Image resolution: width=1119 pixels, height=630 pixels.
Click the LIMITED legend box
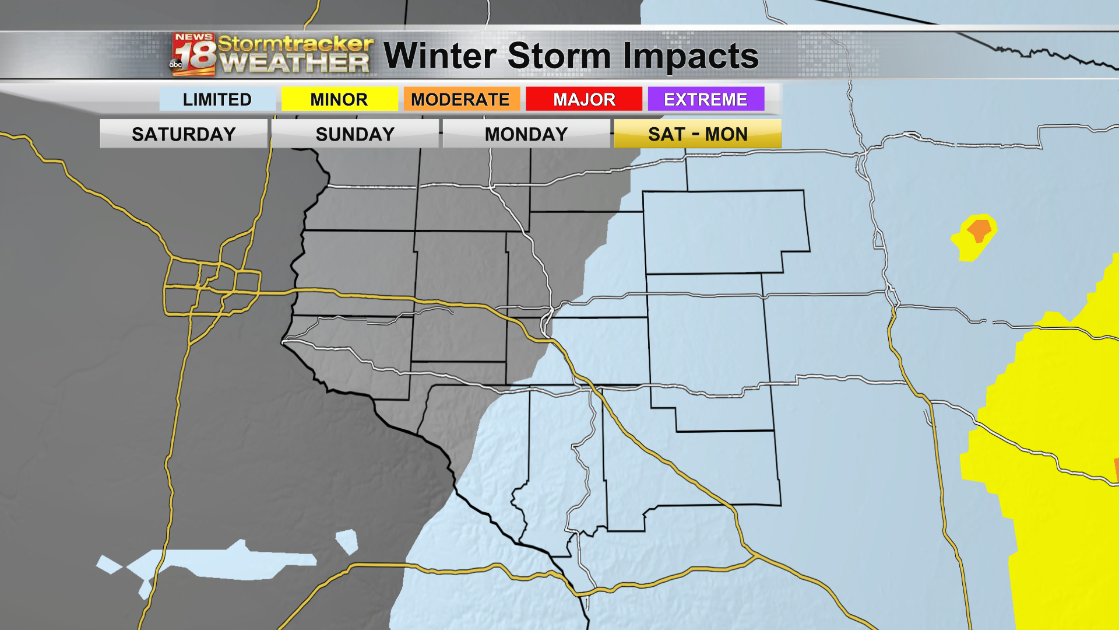click(217, 99)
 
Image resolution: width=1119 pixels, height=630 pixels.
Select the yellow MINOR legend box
click(339, 99)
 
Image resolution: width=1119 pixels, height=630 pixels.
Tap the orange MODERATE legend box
click(460, 99)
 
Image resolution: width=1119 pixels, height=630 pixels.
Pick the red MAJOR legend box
click(584, 99)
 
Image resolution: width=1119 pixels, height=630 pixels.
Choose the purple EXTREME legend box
click(706, 99)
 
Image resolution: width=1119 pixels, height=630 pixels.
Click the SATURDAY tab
click(184, 134)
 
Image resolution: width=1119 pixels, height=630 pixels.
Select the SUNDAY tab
click(355, 134)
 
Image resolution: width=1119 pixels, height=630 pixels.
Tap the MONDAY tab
click(526, 134)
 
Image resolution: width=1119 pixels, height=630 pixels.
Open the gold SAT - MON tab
click(698, 134)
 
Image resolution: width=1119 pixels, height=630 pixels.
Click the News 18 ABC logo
click(193, 55)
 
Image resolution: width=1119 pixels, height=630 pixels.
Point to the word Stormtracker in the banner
click(295, 43)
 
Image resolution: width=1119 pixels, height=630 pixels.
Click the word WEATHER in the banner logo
click(295, 62)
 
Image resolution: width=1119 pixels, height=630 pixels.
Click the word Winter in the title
click(440, 56)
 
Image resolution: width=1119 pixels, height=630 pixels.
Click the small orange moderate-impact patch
click(980, 229)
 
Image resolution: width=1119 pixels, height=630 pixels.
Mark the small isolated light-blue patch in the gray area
click(347, 541)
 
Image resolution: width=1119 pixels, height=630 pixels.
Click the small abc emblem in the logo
click(175, 65)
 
